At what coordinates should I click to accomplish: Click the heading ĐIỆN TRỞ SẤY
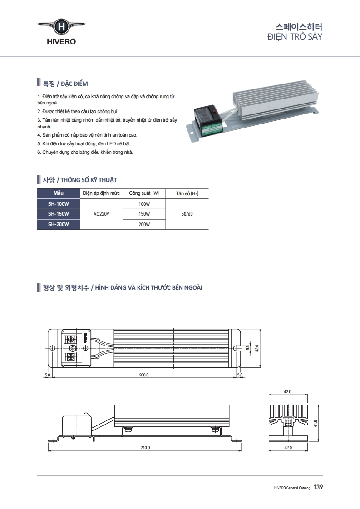[x=295, y=36]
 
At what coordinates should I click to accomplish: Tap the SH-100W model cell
[x=58, y=204]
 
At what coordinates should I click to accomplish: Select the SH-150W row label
[x=58, y=214]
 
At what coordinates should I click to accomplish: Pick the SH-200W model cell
[x=58, y=224]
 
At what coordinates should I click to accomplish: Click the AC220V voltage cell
[x=101, y=214]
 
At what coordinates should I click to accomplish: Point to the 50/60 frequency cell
[x=187, y=214]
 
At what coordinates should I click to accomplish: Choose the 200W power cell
[x=144, y=224]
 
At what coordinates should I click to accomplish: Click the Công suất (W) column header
[x=144, y=193]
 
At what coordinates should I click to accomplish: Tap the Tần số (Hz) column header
[x=187, y=193]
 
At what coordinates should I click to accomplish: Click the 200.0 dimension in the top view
[x=143, y=375]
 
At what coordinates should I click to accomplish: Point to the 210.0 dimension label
[x=145, y=447]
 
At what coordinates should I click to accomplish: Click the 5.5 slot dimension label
[x=247, y=348]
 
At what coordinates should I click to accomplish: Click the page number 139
[x=318, y=487]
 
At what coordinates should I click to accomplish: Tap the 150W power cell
[x=144, y=214]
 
